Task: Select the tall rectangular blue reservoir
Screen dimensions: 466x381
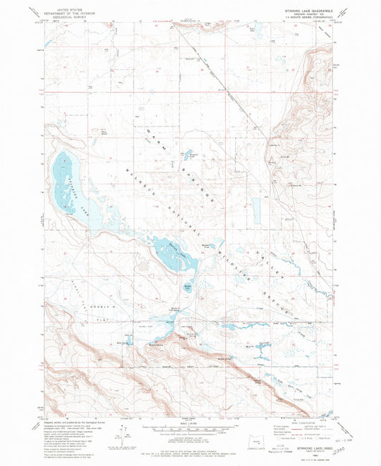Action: tap(256, 209)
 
